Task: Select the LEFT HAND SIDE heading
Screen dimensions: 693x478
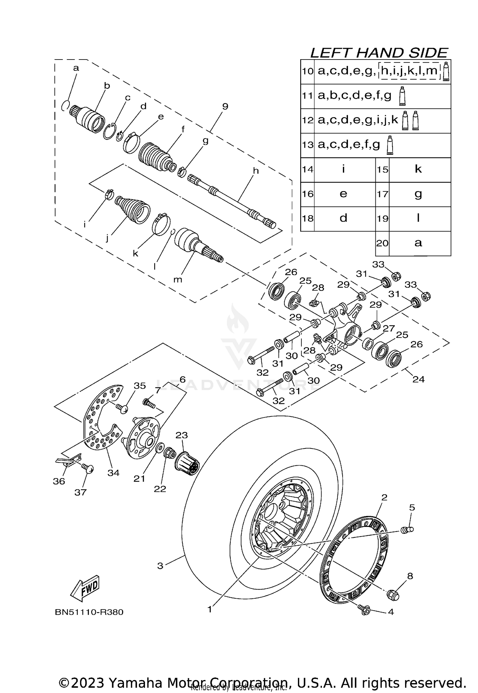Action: pyautogui.click(x=379, y=53)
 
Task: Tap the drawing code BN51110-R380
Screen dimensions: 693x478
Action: pyautogui.click(x=89, y=612)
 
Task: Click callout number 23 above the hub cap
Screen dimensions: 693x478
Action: pyautogui.click(x=182, y=435)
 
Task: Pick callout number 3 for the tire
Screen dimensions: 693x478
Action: pyautogui.click(x=160, y=566)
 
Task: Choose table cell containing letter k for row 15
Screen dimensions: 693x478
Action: pyautogui.click(x=418, y=169)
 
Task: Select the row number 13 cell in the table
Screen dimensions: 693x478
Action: pyautogui.click(x=308, y=145)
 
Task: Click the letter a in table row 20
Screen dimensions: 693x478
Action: pyautogui.click(x=418, y=243)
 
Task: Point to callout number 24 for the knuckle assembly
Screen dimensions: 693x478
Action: pyautogui.click(x=418, y=379)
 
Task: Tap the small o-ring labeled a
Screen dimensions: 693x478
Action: pyautogui.click(x=65, y=105)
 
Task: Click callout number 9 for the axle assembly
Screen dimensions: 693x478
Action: pyautogui.click(x=225, y=106)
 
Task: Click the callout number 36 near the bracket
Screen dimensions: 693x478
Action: pyautogui.click(x=59, y=481)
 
